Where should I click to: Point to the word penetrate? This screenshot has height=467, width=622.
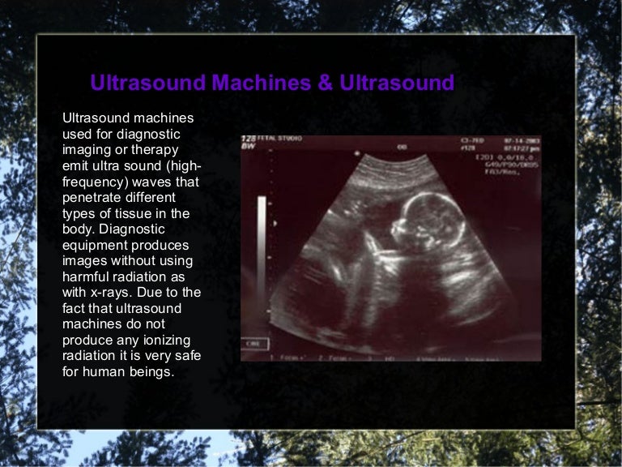[93, 198]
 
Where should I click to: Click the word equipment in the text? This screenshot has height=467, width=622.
[95, 246]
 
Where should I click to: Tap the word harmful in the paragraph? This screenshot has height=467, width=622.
[86, 277]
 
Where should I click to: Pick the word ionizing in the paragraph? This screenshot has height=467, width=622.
[172, 341]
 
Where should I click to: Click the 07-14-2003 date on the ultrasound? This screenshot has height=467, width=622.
[521, 139]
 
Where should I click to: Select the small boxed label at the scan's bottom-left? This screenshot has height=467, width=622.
[253, 344]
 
